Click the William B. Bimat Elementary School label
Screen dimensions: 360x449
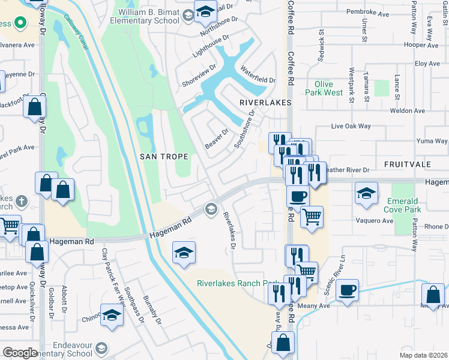click(148, 15)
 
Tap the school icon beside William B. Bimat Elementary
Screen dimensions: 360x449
click(205, 12)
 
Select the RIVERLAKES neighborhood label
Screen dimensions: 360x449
click(265, 103)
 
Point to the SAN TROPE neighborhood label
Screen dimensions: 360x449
click(164, 157)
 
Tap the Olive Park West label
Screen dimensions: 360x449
click(324, 89)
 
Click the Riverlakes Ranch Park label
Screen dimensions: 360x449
click(238, 283)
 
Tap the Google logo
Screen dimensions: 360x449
click(20, 353)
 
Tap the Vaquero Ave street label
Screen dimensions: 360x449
click(376, 221)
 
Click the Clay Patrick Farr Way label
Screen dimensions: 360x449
click(113, 277)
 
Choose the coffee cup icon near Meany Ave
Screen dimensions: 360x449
click(347, 290)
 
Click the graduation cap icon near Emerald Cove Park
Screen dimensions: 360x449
click(365, 194)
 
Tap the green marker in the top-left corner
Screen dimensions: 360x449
click(19, 23)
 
